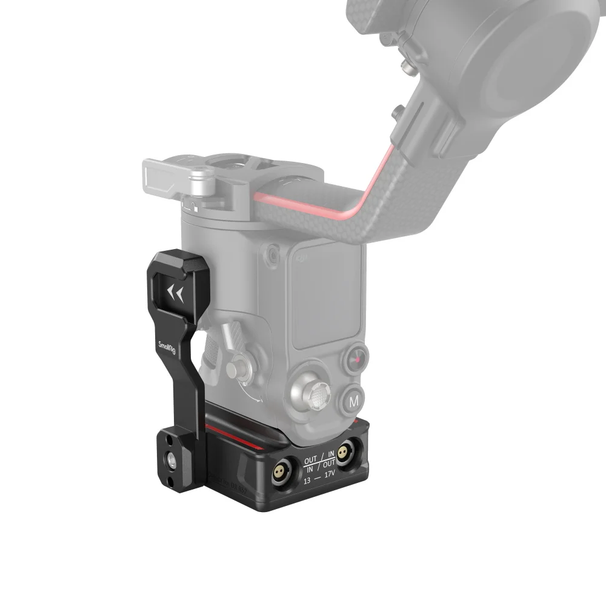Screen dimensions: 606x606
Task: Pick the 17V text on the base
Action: [330, 474]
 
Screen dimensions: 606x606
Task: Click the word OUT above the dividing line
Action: [311, 460]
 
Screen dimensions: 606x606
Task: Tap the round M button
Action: [355, 400]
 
